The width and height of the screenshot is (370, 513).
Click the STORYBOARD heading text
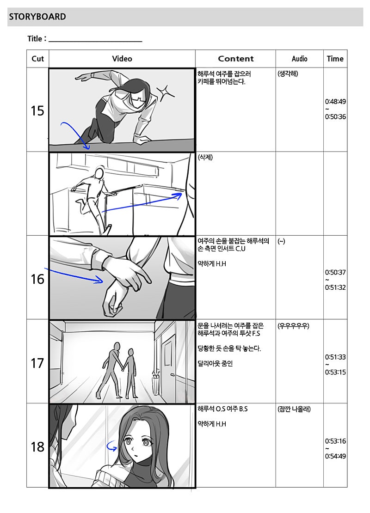pos(37,17)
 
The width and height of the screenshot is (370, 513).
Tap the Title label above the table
pos(35,39)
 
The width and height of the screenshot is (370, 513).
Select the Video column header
pos(122,59)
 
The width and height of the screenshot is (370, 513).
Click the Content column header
pos(236,59)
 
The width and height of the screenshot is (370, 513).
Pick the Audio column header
pos(300,59)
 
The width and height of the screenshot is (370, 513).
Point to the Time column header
pos(335,59)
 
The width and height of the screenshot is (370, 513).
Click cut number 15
pos(37,110)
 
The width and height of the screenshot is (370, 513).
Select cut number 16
pos(37,279)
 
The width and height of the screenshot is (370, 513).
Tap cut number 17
pos(37,363)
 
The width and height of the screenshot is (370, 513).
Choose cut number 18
pos(37,446)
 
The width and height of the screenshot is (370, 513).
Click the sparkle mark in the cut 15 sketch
pos(166,92)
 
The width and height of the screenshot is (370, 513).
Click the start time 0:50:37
pos(335,272)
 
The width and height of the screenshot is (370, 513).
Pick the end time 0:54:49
pos(335,456)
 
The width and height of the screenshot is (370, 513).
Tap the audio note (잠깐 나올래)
pos(294,409)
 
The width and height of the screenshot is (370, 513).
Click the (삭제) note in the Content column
pos(205,158)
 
